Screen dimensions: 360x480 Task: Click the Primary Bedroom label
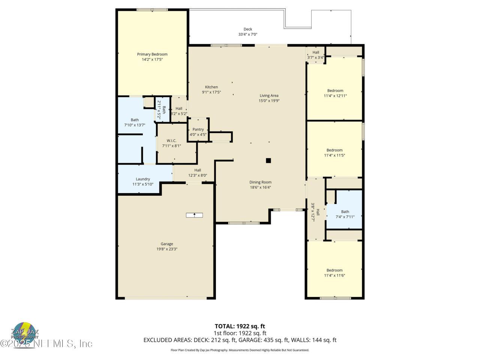point(152,54)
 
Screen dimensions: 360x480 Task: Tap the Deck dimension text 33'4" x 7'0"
point(247,34)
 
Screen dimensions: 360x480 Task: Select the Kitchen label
point(211,87)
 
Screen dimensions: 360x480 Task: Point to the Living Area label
point(269,96)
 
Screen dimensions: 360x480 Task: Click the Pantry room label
point(198,129)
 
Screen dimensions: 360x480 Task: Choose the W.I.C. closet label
point(171,141)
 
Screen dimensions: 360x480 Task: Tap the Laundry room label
point(143,179)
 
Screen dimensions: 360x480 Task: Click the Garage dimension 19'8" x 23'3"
point(167,249)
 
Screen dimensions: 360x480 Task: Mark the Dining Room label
point(260,182)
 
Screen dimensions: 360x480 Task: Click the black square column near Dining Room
point(268,160)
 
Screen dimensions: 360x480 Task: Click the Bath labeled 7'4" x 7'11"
point(345,212)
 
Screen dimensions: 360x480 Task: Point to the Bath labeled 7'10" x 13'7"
point(135,120)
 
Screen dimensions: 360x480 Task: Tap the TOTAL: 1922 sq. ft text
point(240,326)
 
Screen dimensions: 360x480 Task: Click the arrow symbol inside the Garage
point(194,215)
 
